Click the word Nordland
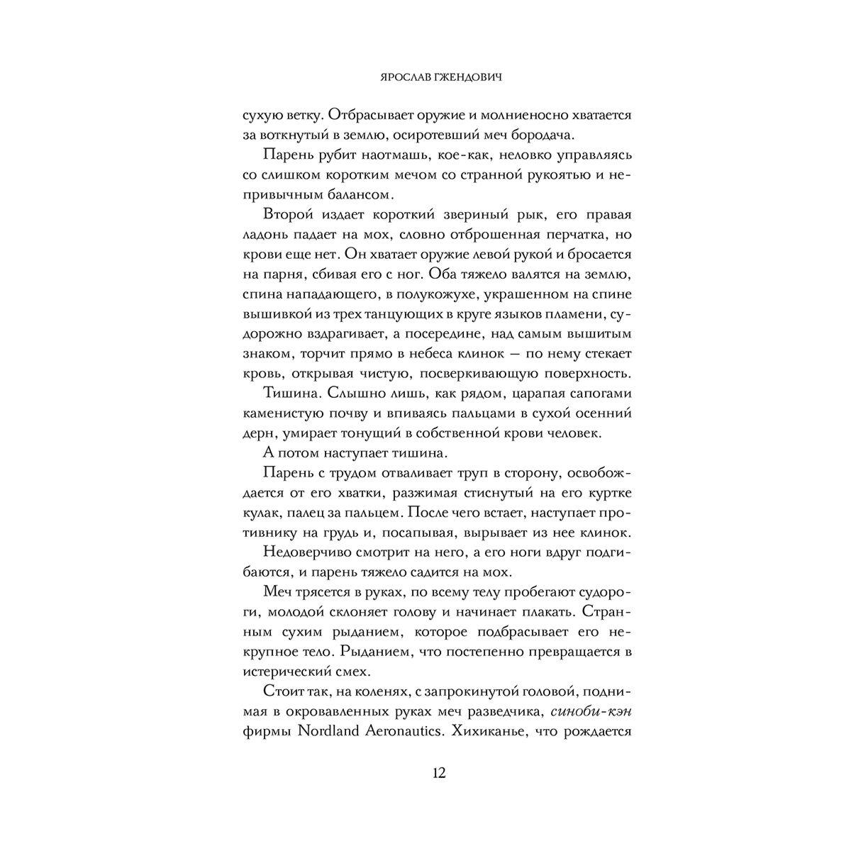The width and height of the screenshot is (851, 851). [x=321, y=732]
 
